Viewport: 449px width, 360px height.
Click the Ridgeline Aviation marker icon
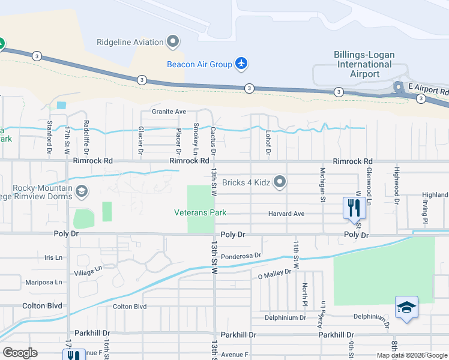173,42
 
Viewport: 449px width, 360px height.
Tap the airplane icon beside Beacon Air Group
241,64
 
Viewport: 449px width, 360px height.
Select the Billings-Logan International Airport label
364,64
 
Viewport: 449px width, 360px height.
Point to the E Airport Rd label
429,87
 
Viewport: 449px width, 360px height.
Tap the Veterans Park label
200,212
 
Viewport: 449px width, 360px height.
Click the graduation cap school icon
406,307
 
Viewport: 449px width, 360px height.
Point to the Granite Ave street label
169,112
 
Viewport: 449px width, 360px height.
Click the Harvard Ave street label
286,214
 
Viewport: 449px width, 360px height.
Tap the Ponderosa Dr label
241,256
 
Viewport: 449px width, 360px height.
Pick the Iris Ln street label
53,257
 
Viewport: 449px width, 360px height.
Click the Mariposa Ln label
43,282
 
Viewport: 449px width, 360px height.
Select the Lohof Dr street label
268,143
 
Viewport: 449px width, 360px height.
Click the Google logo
20,353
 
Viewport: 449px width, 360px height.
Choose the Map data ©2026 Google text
411,355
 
